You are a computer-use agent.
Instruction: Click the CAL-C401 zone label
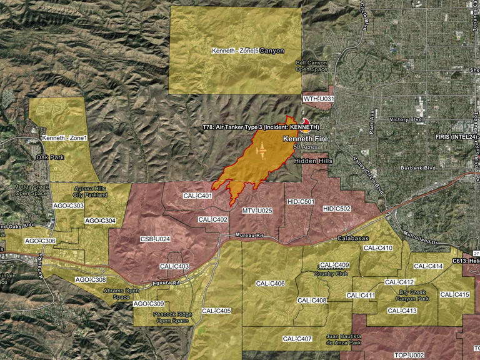pyautogui.click(x=197, y=196)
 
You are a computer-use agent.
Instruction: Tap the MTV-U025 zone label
pyautogui.click(x=257, y=211)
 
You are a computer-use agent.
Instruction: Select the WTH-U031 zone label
pyautogui.click(x=319, y=99)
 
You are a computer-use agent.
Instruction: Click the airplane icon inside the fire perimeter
pyautogui.click(x=261, y=151)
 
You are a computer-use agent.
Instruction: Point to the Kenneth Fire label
pyautogui.click(x=306, y=138)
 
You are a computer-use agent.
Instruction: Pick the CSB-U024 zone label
pyautogui.click(x=156, y=239)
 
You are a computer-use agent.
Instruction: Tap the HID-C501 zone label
pyautogui.click(x=301, y=202)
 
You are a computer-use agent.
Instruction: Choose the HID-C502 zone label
pyautogui.click(x=337, y=208)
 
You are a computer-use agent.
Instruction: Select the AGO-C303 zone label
pyautogui.click(x=68, y=206)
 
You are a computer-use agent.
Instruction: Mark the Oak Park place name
pyautogui.click(x=51, y=157)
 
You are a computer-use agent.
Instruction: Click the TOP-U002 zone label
pyautogui.click(x=409, y=355)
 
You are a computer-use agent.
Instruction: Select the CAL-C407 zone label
pyautogui.click(x=297, y=339)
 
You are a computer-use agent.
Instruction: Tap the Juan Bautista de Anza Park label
pyautogui.click(x=344, y=339)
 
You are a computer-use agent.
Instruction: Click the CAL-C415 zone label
pyautogui.click(x=454, y=294)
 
